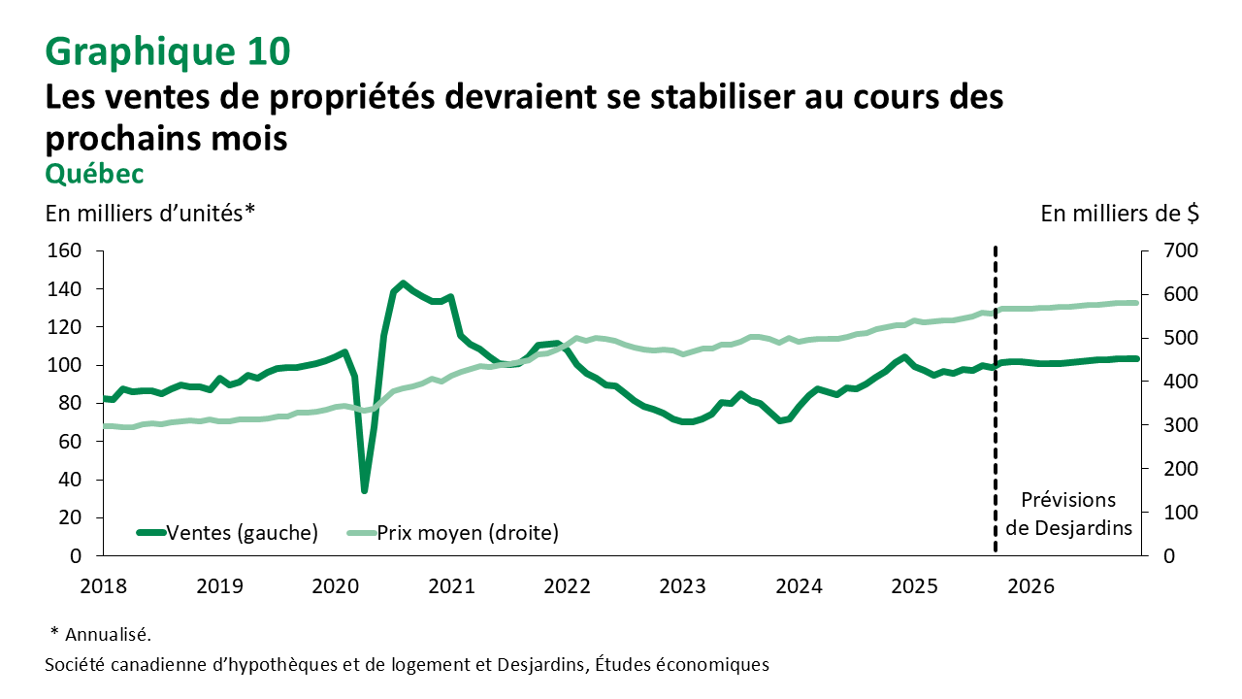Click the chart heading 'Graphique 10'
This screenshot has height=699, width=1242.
coord(168,51)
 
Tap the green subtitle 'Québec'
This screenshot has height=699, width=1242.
coord(95,173)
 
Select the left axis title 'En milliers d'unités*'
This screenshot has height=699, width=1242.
coord(150,213)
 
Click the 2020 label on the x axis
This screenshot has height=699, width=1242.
coord(335,586)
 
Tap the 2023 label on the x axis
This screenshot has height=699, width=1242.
coord(683,586)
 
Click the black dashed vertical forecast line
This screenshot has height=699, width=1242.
coord(996,408)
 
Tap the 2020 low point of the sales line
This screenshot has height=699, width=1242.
coord(365,490)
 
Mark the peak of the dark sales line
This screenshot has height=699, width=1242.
coord(403,283)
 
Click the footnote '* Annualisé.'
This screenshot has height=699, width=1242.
coord(101,635)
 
